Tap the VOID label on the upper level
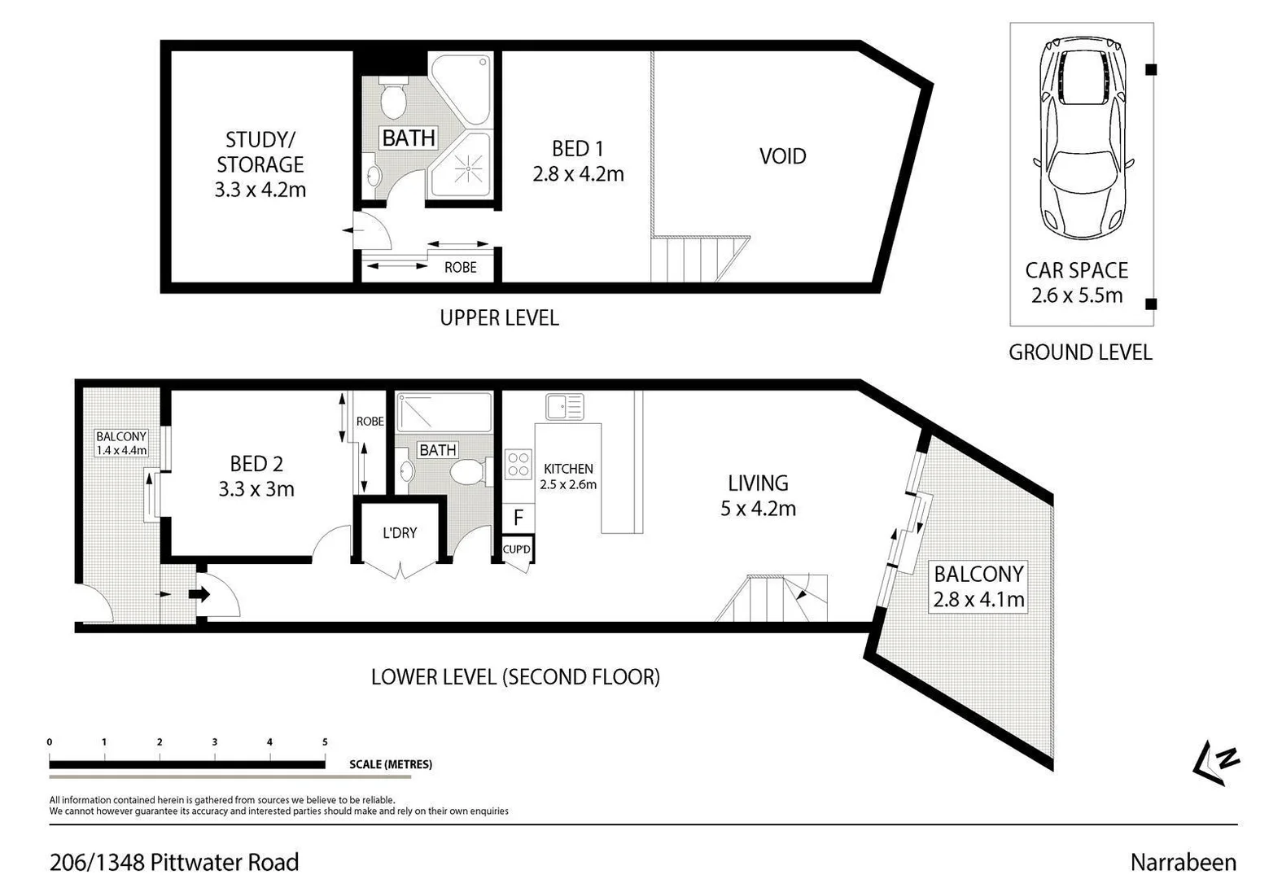pos(782,156)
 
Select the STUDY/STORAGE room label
pos(260,164)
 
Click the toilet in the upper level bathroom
pos(394,98)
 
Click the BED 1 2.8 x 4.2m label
pos(578,161)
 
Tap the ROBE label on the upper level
pos(460,267)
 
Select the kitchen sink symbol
pos(564,406)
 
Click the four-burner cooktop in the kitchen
pos(518,464)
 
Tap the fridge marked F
pos(518,518)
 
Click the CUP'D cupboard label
pos(517,549)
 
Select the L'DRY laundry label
pos(399,532)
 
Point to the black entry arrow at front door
pos(199,594)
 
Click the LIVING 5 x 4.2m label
pos(758,496)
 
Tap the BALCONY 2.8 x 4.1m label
pos(978,587)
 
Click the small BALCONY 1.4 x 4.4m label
pos(121,444)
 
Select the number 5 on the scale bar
pos(325,741)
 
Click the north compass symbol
pos(1215,763)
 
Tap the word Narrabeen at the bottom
pos(1183,862)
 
